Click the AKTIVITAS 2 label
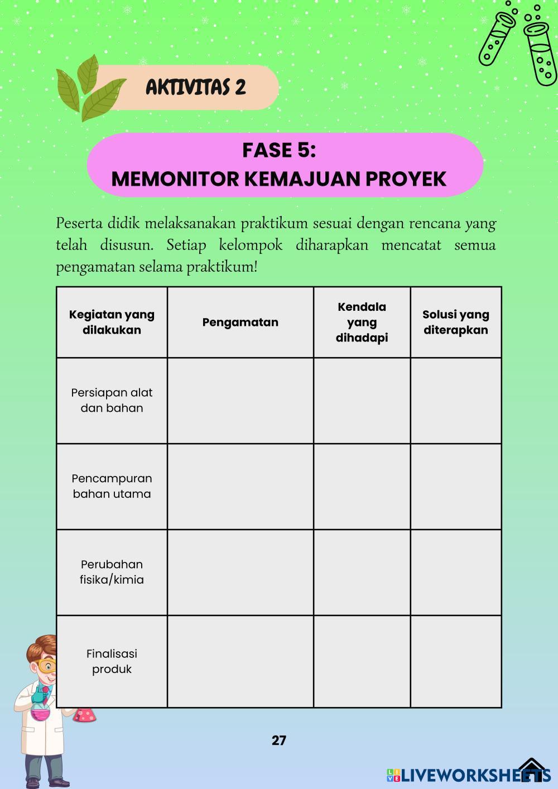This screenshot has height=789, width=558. click(x=195, y=87)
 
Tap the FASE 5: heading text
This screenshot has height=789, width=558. click(x=279, y=150)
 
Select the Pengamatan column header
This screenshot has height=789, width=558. click(x=240, y=322)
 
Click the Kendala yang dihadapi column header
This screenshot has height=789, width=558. click(x=362, y=322)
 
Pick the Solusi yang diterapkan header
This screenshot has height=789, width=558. click(x=455, y=322)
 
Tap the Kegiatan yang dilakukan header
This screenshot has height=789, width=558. click(x=112, y=322)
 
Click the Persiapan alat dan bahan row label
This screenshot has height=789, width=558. click(x=112, y=400)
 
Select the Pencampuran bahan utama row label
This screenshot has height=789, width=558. click(x=112, y=486)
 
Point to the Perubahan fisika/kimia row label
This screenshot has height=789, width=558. click(x=112, y=572)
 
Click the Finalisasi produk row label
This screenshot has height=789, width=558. click(x=112, y=661)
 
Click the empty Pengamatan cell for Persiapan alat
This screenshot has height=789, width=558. click(x=240, y=401)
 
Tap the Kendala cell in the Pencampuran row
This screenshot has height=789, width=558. click(x=362, y=487)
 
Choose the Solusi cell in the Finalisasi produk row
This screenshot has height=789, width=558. click(x=455, y=661)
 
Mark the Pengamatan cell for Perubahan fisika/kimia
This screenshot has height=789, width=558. click(x=240, y=572)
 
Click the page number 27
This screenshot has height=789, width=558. click(x=279, y=740)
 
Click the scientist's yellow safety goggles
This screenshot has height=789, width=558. click(x=47, y=665)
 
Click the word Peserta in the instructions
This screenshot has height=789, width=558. click(x=76, y=224)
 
